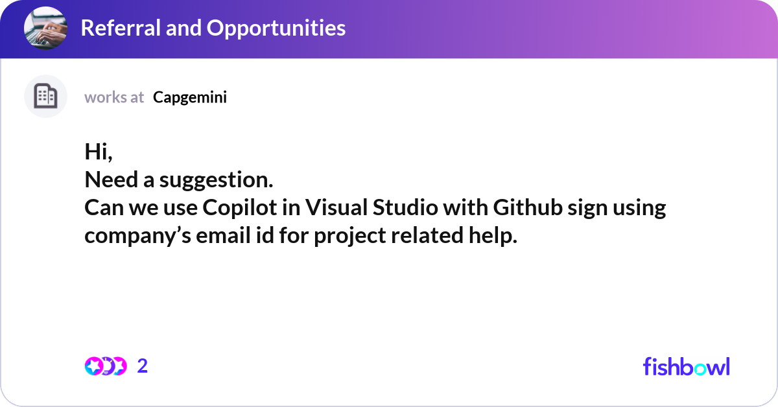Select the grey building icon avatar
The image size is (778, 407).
coord(45,97)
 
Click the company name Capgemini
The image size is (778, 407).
coord(190,97)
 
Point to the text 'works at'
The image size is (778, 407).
coord(114,97)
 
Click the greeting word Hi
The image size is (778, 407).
coord(97,151)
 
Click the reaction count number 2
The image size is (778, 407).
coord(143,366)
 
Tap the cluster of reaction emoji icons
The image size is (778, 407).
coord(105,366)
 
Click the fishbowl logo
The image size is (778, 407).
coord(686,366)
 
